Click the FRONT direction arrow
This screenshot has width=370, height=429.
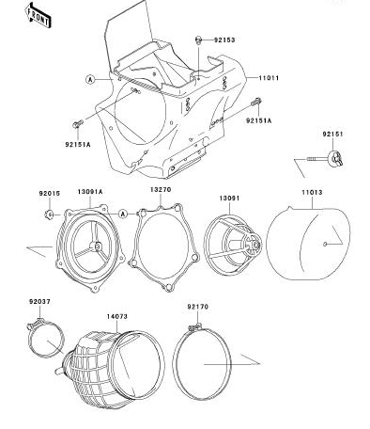pyautogui.click(x=38, y=15)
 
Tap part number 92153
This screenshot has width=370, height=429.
pyautogui.click(x=224, y=40)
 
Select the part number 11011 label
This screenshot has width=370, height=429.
pyautogui.click(x=269, y=78)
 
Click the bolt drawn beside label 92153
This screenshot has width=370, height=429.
pyautogui.click(x=198, y=40)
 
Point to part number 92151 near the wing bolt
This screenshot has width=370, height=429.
pyautogui.click(x=333, y=134)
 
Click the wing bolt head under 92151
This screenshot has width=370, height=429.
pyautogui.click(x=335, y=158)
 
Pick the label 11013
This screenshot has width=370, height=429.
pyautogui.click(x=312, y=192)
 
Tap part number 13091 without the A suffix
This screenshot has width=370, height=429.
pyautogui.click(x=229, y=199)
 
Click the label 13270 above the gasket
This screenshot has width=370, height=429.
pyautogui.click(x=161, y=190)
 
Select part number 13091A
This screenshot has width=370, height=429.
pyautogui.click(x=90, y=192)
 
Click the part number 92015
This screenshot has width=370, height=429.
pyautogui.click(x=50, y=194)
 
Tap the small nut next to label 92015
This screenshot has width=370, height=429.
pyautogui.click(x=49, y=214)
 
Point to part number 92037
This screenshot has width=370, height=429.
pyautogui.click(x=39, y=302)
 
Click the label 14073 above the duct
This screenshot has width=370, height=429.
pyautogui.click(x=117, y=317)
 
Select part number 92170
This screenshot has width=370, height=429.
pyautogui.click(x=197, y=307)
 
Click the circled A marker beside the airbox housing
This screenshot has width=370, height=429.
pyautogui.click(x=90, y=79)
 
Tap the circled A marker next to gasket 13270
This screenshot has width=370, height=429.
pyautogui.click(x=123, y=214)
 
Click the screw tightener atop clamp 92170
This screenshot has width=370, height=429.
pyautogui.click(x=195, y=327)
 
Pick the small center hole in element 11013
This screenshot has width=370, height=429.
pyautogui.click(x=325, y=244)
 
